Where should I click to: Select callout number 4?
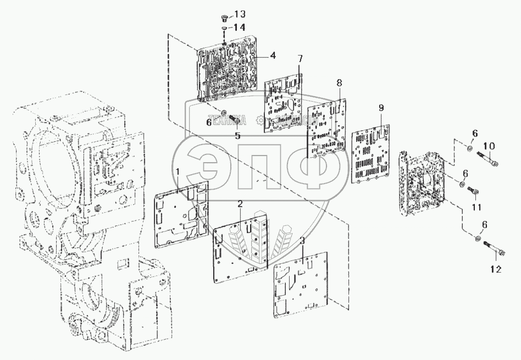273,56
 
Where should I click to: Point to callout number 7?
300,58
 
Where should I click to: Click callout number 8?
339,82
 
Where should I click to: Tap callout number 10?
489,146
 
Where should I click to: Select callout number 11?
476,207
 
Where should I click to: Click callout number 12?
496,269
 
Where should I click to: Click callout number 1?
178,173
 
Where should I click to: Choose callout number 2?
240,204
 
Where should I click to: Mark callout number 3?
302,240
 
